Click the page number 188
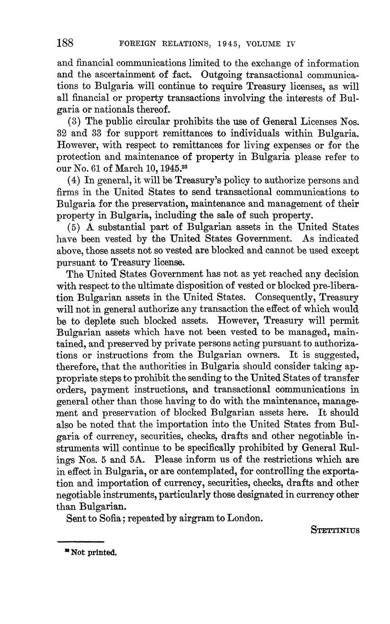[x=65, y=43]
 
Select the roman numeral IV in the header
[x=290, y=44]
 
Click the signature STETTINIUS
[x=335, y=530]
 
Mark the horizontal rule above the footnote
[x=81, y=541]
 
